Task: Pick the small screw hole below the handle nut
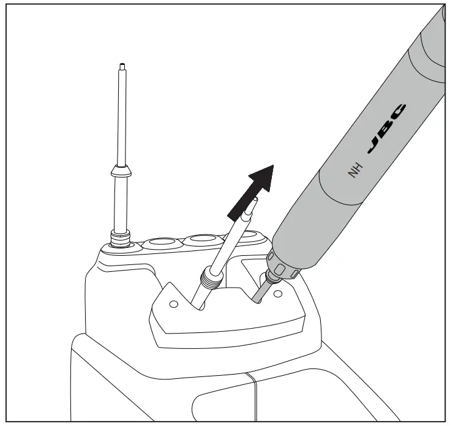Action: point(277,294)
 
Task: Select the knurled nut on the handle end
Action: point(282,266)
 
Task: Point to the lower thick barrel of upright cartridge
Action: point(120,202)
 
